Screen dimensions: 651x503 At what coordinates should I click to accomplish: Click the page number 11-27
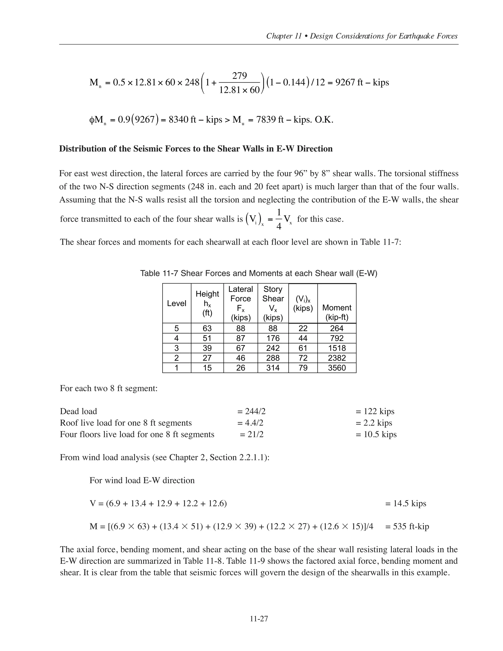click(x=259, y=619)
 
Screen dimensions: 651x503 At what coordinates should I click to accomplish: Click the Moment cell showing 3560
click(x=337, y=368)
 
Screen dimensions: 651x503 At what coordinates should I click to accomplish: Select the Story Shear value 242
click(x=273, y=348)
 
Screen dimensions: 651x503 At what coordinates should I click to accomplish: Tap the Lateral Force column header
click(x=240, y=303)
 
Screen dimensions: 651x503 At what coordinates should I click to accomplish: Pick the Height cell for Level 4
click(x=207, y=338)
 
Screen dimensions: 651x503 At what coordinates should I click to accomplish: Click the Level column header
click(x=176, y=303)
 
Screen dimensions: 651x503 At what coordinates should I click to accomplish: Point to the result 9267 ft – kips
click(x=362, y=82)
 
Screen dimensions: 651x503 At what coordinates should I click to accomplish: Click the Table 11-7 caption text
click(x=258, y=273)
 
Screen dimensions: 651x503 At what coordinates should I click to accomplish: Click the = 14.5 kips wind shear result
click(x=405, y=503)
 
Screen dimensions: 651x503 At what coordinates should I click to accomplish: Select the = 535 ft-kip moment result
click(x=407, y=526)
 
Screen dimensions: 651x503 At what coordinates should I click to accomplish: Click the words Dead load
click(x=78, y=411)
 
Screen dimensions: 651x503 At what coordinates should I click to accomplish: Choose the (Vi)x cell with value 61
click(x=303, y=348)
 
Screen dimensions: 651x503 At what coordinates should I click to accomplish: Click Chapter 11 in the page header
click(x=284, y=36)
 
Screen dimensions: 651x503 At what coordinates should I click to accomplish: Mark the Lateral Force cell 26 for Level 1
click(x=240, y=368)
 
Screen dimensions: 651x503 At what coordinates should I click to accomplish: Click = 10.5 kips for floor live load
click(x=376, y=434)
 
